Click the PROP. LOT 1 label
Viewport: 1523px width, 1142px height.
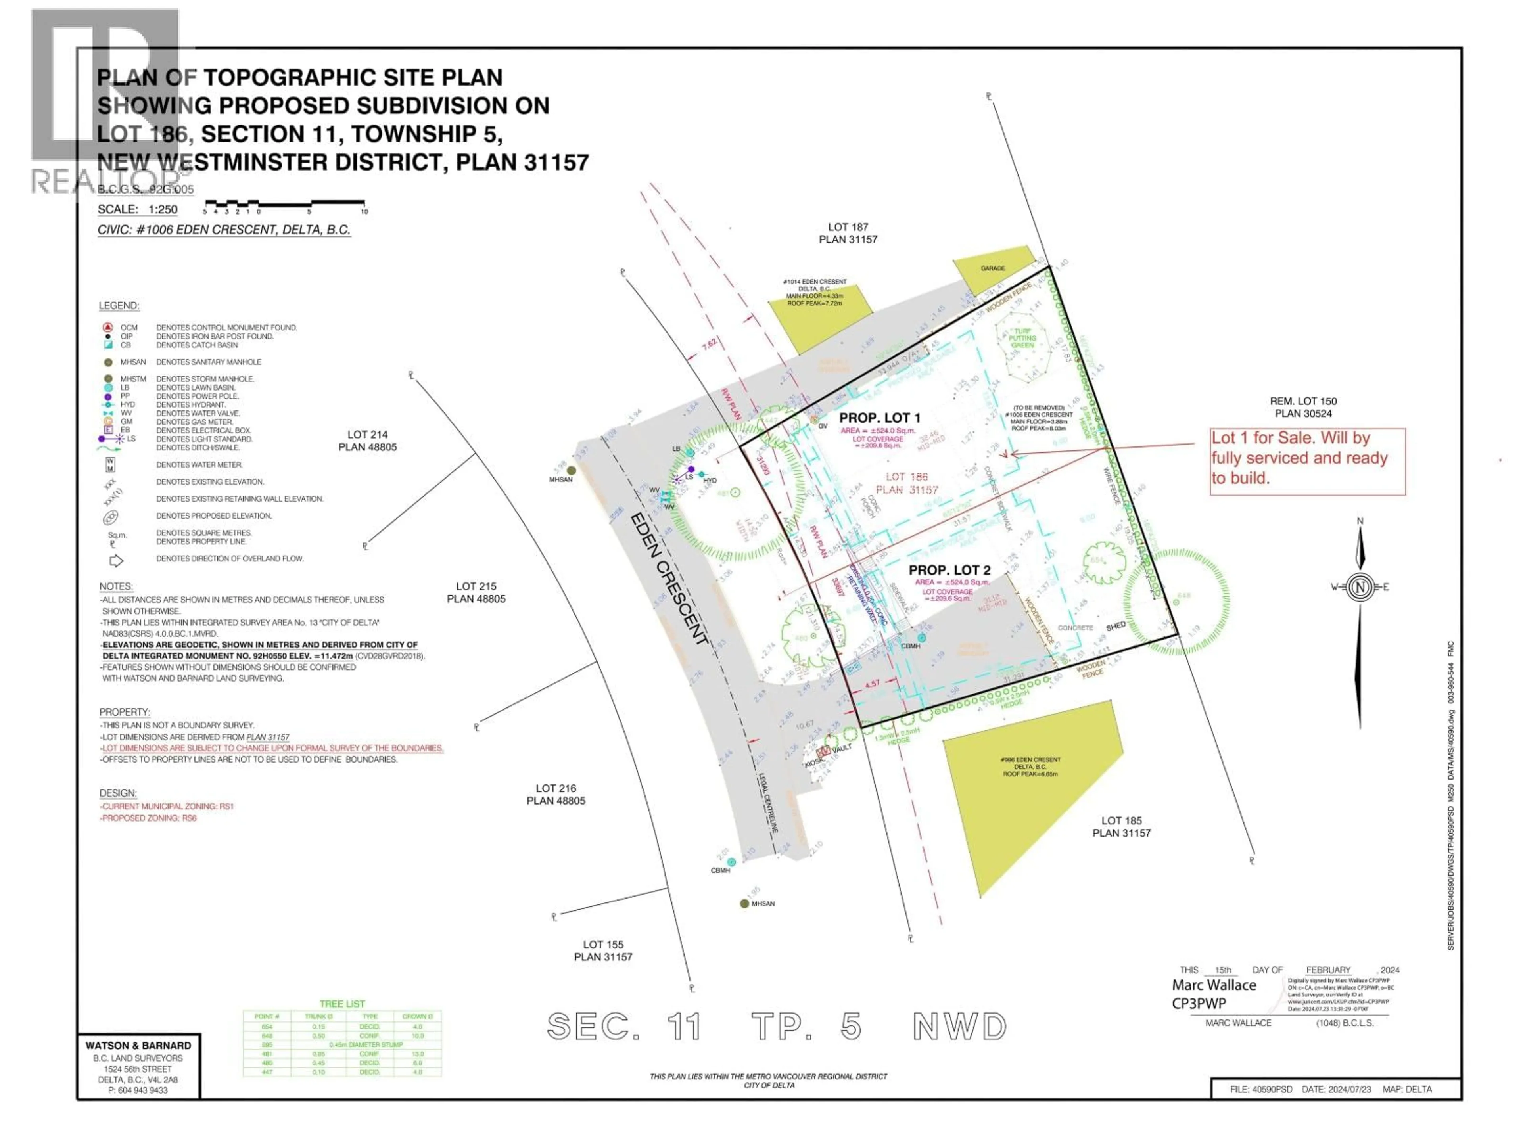tap(879, 418)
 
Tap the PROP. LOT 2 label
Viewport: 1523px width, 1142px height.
tap(949, 570)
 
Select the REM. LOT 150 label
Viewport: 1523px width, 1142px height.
tap(1303, 407)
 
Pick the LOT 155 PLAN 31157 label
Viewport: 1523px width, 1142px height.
tap(603, 950)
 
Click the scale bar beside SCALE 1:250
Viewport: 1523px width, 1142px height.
tap(284, 205)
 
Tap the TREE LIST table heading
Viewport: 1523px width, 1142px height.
tap(342, 1004)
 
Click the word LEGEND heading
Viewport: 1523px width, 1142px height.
tap(119, 305)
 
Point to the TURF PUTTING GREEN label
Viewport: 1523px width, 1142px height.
tap(1022, 338)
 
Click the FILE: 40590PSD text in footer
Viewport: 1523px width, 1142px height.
tap(1261, 1089)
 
